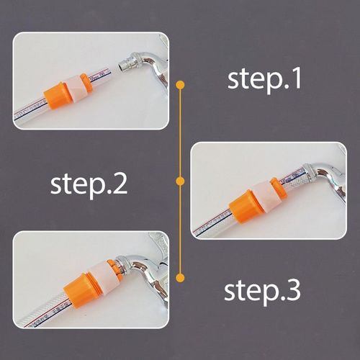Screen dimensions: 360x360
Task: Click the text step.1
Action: (x=264, y=79)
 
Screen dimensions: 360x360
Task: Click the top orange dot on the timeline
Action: (x=180, y=85)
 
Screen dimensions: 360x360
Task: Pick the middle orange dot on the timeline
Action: (x=180, y=180)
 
